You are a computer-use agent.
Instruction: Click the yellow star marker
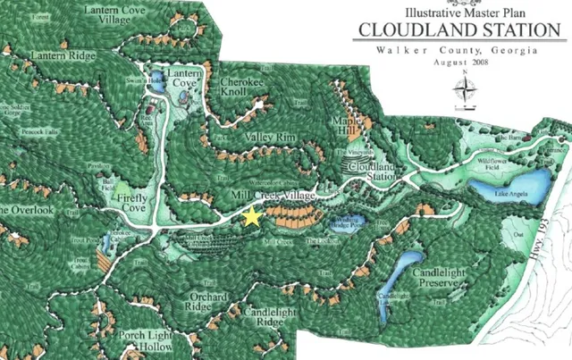pos(253,216)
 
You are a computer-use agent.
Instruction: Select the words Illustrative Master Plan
pos(455,13)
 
